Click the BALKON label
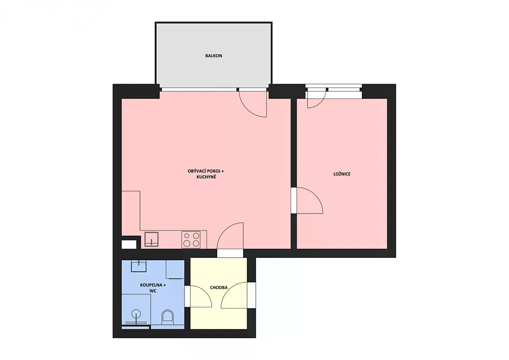pos(213,56)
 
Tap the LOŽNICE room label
pos(342,174)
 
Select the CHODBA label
pos(218,287)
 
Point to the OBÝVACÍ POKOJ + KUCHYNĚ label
pos(206,174)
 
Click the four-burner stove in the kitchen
pos(191,240)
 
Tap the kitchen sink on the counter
pos(151,239)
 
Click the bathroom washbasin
pos(139,266)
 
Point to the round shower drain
pos(136,314)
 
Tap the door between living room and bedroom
pos(310,200)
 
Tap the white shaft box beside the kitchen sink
pos(129,245)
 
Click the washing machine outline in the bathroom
pos(175,270)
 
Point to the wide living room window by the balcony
pos(199,90)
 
